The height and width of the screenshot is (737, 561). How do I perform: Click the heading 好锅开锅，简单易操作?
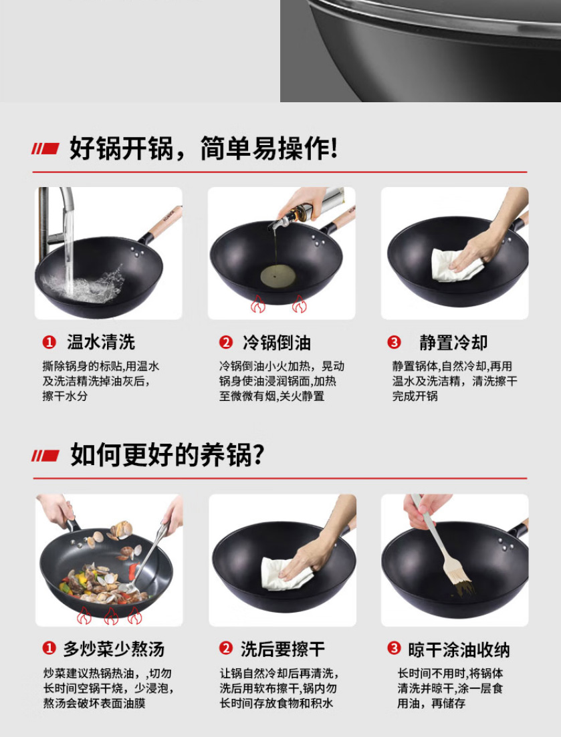pos(203,148)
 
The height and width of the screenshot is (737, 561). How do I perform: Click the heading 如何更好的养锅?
pos(167,454)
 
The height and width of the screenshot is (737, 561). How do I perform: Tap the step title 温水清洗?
pos(100,342)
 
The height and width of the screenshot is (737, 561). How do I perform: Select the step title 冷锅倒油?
pos(277,343)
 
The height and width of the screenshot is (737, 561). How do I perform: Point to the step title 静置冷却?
pos(453,343)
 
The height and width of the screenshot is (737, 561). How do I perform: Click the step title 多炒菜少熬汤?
pos(114,649)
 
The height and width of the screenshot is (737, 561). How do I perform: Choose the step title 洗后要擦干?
pos(283,649)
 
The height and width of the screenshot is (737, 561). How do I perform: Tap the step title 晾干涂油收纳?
pos(459,649)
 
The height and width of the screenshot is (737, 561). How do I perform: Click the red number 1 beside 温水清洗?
pos(49,342)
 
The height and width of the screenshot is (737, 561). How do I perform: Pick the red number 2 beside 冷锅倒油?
pos(226,342)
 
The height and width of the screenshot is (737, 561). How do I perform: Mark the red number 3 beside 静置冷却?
pos(394,342)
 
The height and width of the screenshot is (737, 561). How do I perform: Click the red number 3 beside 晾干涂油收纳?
pos(394,649)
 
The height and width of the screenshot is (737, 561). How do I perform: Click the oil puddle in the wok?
pos(278,276)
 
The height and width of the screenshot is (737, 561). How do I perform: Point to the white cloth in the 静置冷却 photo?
pos(455,265)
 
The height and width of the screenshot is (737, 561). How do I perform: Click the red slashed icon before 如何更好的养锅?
pos(45,456)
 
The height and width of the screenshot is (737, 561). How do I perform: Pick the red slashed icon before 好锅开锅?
pos(45,148)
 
